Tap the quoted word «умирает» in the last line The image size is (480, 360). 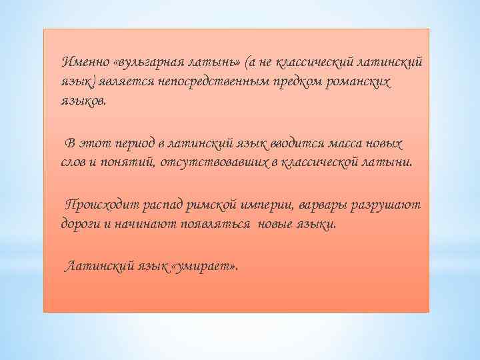pos(204,267)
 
